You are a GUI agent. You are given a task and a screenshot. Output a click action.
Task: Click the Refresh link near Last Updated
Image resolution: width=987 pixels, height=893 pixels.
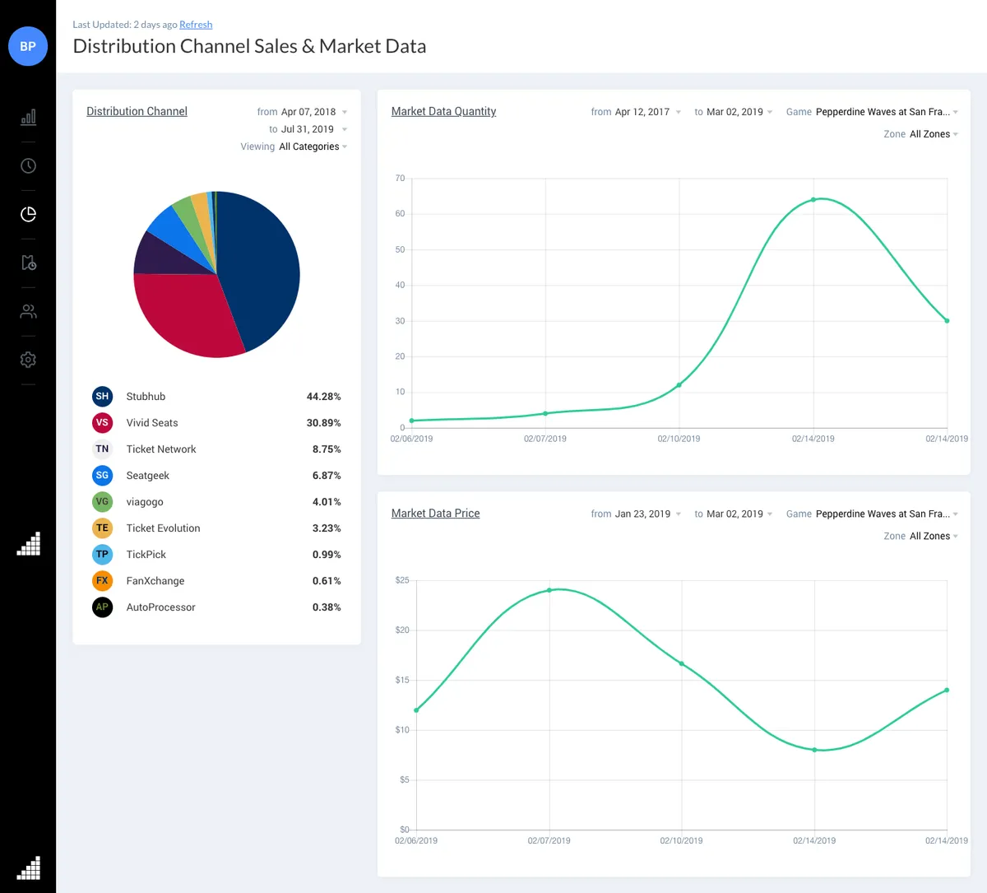click(196, 25)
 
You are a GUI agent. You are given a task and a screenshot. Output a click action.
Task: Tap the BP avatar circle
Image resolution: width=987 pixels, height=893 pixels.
click(28, 46)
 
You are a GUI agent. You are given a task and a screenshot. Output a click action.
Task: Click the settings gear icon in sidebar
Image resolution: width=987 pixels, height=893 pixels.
click(28, 360)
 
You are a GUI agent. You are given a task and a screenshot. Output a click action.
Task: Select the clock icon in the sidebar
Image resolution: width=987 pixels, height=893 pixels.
click(28, 166)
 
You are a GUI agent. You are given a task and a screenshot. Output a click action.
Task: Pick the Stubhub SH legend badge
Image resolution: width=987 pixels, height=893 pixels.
click(102, 397)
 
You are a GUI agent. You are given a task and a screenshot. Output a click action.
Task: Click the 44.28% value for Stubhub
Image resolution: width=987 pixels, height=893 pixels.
click(323, 397)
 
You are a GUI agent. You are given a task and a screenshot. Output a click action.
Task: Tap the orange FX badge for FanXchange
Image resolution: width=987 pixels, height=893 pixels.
click(102, 581)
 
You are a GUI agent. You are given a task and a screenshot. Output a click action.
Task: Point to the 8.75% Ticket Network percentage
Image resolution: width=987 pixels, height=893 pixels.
click(326, 449)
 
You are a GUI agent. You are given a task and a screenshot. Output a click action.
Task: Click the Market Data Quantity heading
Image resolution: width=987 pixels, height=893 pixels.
click(443, 111)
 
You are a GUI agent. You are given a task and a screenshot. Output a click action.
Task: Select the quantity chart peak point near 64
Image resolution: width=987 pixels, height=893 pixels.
click(813, 200)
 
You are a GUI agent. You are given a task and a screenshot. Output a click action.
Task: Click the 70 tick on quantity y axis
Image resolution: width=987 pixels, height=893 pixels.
click(401, 178)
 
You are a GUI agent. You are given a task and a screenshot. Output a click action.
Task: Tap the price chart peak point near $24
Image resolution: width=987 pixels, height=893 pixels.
click(549, 590)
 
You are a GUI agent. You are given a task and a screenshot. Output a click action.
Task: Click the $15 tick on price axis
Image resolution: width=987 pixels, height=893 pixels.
click(402, 680)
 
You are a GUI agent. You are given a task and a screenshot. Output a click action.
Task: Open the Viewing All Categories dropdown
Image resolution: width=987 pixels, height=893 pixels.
click(309, 147)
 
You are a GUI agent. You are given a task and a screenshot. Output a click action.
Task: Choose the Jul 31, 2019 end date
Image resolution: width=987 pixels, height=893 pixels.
click(308, 129)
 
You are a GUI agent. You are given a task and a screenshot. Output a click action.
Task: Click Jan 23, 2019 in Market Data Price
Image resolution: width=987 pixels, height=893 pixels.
click(642, 514)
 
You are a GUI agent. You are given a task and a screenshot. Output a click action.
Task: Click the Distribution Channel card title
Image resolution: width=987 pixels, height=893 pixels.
click(137, 111)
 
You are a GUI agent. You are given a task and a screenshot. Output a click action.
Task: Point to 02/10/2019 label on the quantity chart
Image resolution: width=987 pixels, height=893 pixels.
click(679, 439)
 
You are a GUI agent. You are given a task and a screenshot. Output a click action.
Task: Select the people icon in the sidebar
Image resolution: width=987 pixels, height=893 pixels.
click(28, 312)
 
